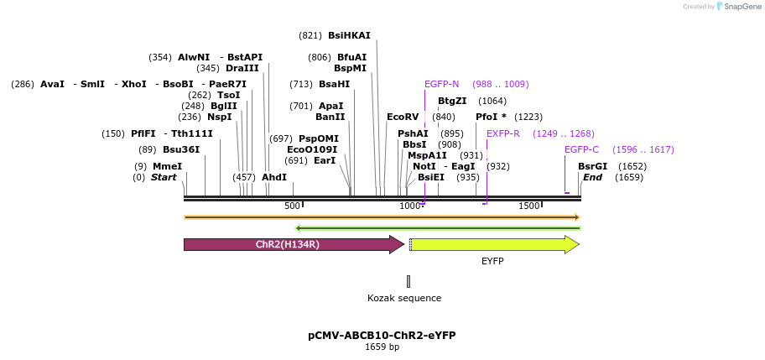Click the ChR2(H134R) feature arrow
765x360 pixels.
294,244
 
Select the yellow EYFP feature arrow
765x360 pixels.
494,244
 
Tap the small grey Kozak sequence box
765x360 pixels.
409,281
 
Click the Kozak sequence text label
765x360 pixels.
404,298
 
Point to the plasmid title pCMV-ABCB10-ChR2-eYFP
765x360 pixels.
382,336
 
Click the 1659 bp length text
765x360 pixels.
382,347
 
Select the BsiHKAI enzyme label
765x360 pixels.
349,35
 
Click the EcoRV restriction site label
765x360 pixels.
403,117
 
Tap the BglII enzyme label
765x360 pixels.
224,106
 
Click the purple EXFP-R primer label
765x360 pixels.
503,133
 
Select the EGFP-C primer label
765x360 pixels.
581,149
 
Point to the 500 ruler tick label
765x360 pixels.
292,206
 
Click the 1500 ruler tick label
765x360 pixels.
529,206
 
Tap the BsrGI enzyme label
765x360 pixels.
593,166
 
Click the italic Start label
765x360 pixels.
164,177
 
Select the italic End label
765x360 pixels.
593,177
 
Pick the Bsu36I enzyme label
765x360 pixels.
181,149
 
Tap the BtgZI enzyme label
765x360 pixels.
452,101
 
